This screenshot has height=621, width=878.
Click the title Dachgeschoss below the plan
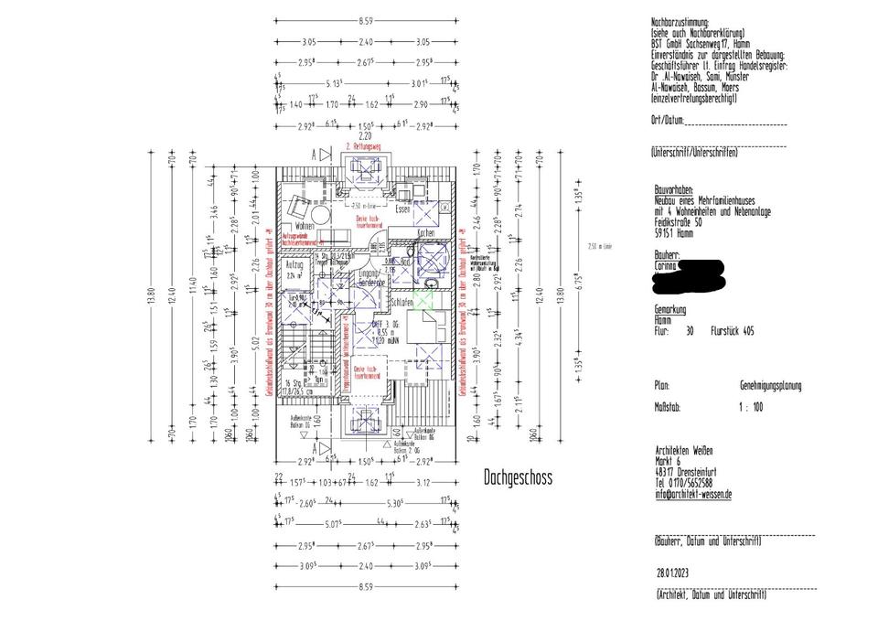519,477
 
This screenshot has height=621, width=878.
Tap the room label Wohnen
305,225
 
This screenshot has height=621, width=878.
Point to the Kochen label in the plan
425,234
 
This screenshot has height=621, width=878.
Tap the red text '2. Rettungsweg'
362,146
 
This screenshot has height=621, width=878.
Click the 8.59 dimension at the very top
365,19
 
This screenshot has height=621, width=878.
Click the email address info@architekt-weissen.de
693,494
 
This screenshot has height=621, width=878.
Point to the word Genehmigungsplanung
770,386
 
